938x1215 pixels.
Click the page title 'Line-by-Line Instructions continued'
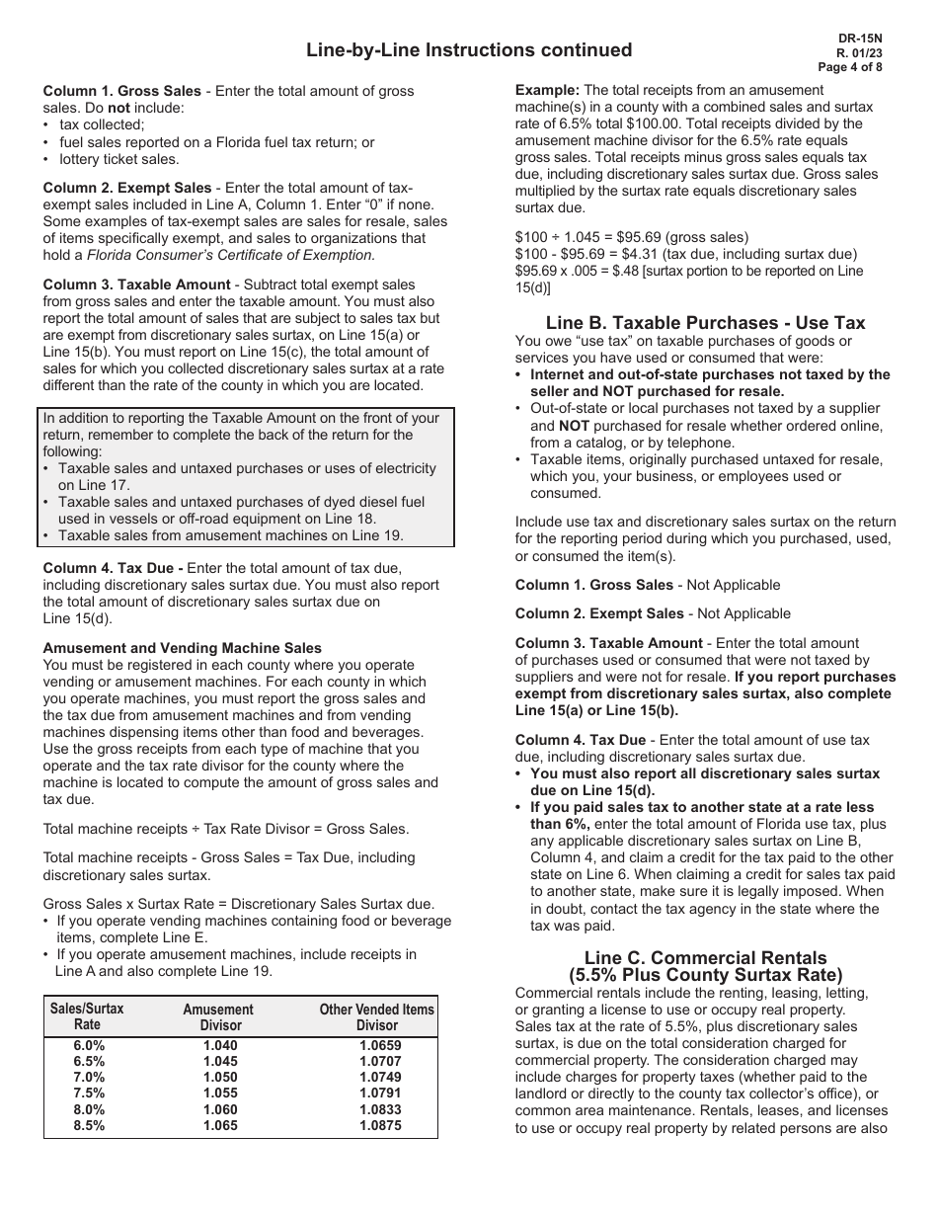(x=469, y=49)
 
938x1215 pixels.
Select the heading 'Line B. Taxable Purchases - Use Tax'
(x=705, y=323)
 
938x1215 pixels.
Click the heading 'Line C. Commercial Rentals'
(x=705, y=957)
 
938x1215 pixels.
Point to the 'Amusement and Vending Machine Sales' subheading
(x=182, y=648)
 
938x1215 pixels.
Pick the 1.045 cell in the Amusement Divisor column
(x=219, y=1062)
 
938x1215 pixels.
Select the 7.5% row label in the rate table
(x=89, y=1093)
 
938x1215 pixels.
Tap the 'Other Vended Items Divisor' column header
(x=376, y=1017)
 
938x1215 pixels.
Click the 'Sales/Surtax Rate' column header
(x=87, y=1017)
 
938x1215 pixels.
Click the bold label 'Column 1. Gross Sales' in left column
(x=121, y=91)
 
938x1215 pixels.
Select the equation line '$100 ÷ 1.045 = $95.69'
(x=632, y=237)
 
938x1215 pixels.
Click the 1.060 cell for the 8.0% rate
(x=219, y=1109)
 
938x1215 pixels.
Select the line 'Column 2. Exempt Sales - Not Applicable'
(x=653, y=613)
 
